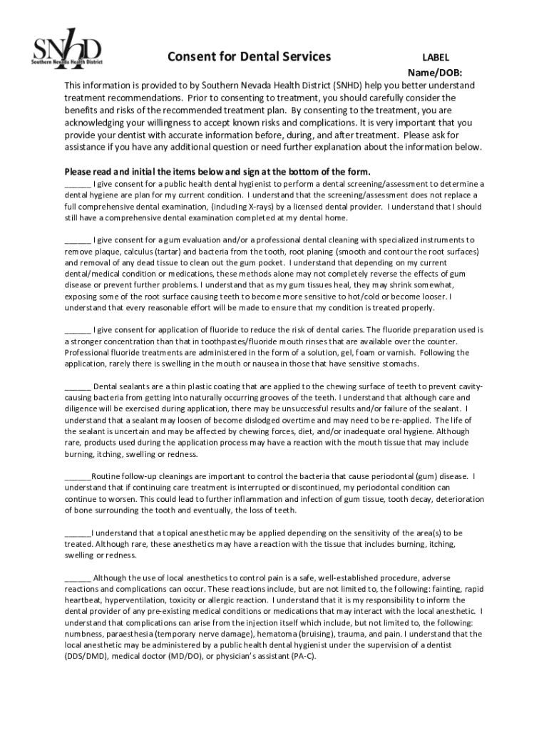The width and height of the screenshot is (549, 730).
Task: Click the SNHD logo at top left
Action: point(66,51)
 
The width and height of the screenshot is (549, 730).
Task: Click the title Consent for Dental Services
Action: point(249,56)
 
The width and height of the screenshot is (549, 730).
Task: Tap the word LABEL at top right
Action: point(436,58)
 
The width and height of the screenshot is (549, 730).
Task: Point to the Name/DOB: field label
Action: point(434,73)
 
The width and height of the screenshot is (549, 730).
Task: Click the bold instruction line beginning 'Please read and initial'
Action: point(217,172)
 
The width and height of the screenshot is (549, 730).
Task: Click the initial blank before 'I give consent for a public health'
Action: point(78,183)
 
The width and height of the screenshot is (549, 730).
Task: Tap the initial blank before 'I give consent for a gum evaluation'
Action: point(78,240)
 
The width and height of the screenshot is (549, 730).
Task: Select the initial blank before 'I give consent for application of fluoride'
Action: point(78,330)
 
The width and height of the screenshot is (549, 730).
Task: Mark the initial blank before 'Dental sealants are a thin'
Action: point(78,386)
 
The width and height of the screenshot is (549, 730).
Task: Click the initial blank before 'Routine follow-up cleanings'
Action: point(78,476)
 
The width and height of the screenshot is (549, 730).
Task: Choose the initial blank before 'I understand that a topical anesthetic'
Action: point(78,533)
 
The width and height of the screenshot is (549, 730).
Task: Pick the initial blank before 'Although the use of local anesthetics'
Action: point(78,577)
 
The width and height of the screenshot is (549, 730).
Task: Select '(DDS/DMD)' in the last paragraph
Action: point(86,656)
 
